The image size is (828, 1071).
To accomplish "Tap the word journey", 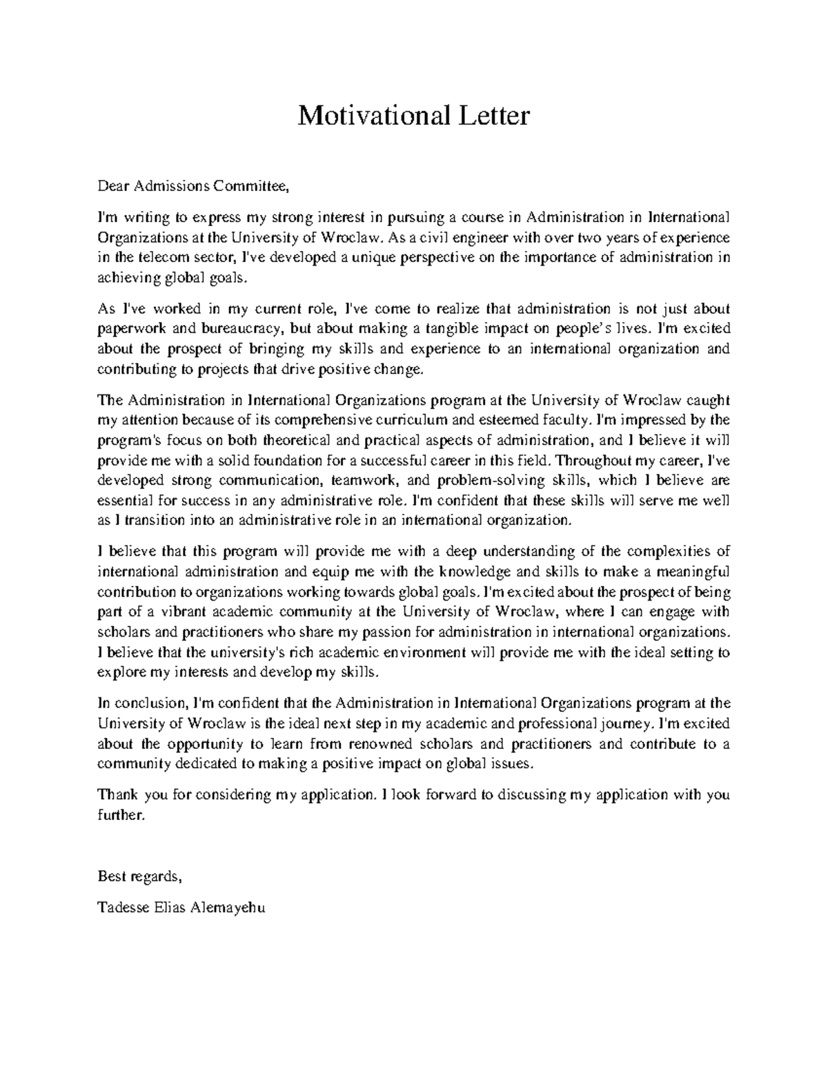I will tap(627, 723).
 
